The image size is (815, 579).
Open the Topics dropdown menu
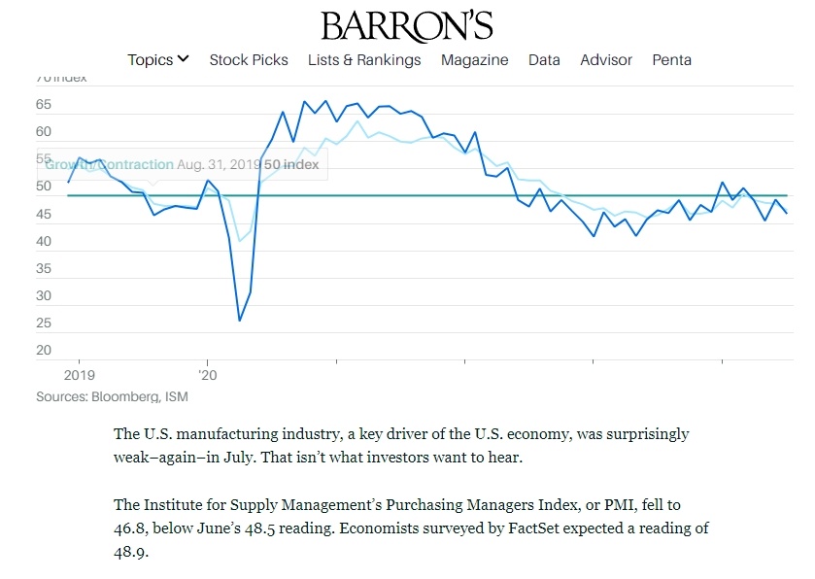click(x=157, y=60)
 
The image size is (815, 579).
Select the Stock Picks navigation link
click(x=249, y=60)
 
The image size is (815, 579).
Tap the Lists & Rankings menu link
click(x=364, y=60)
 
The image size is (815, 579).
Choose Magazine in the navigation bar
click(x=474, y=60)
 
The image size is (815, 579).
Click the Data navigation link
click(x=544, y=60)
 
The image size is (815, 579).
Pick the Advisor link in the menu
click(x=606, y=60)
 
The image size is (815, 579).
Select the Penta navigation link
click(x=672, y=60)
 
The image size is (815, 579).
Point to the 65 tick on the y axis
click(x=44, y=104)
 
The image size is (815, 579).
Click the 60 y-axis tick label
click(x=44, y=132)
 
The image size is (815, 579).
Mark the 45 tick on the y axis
click(x=44, y=214)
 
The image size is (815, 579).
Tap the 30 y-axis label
click(x=44, y=296)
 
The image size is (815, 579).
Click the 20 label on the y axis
click(x=44, y=351)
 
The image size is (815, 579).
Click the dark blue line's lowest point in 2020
click(x=239, y=321)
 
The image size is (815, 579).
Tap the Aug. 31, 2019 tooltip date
click(x=219, y=165)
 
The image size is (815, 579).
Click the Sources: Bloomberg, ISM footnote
click(x=112, y=396)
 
